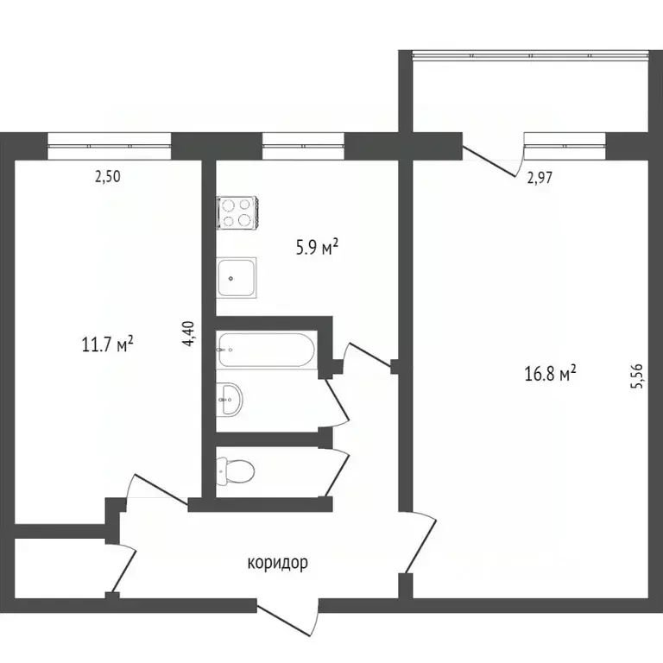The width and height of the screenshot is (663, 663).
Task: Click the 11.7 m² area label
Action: (106, 346)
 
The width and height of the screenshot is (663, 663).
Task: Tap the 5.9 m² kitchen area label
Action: (317, 249)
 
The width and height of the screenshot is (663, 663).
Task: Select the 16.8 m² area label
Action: (550, 374)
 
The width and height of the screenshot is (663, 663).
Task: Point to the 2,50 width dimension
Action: (108, 178)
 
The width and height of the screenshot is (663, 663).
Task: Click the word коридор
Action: (277, 564)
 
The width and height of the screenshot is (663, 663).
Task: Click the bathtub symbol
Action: (266, 350)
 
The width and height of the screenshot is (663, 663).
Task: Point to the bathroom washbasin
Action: (230, 398)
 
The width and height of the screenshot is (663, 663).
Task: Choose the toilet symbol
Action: (236, 470)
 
